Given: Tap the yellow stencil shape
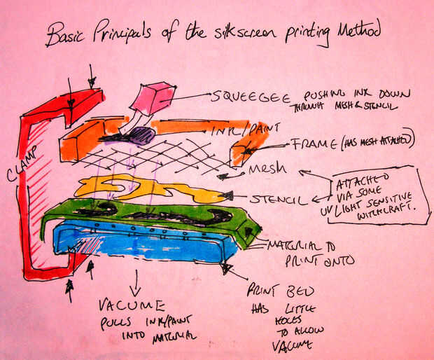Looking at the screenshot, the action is coord(140,188).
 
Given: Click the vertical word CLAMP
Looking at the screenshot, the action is coord(15,185).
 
